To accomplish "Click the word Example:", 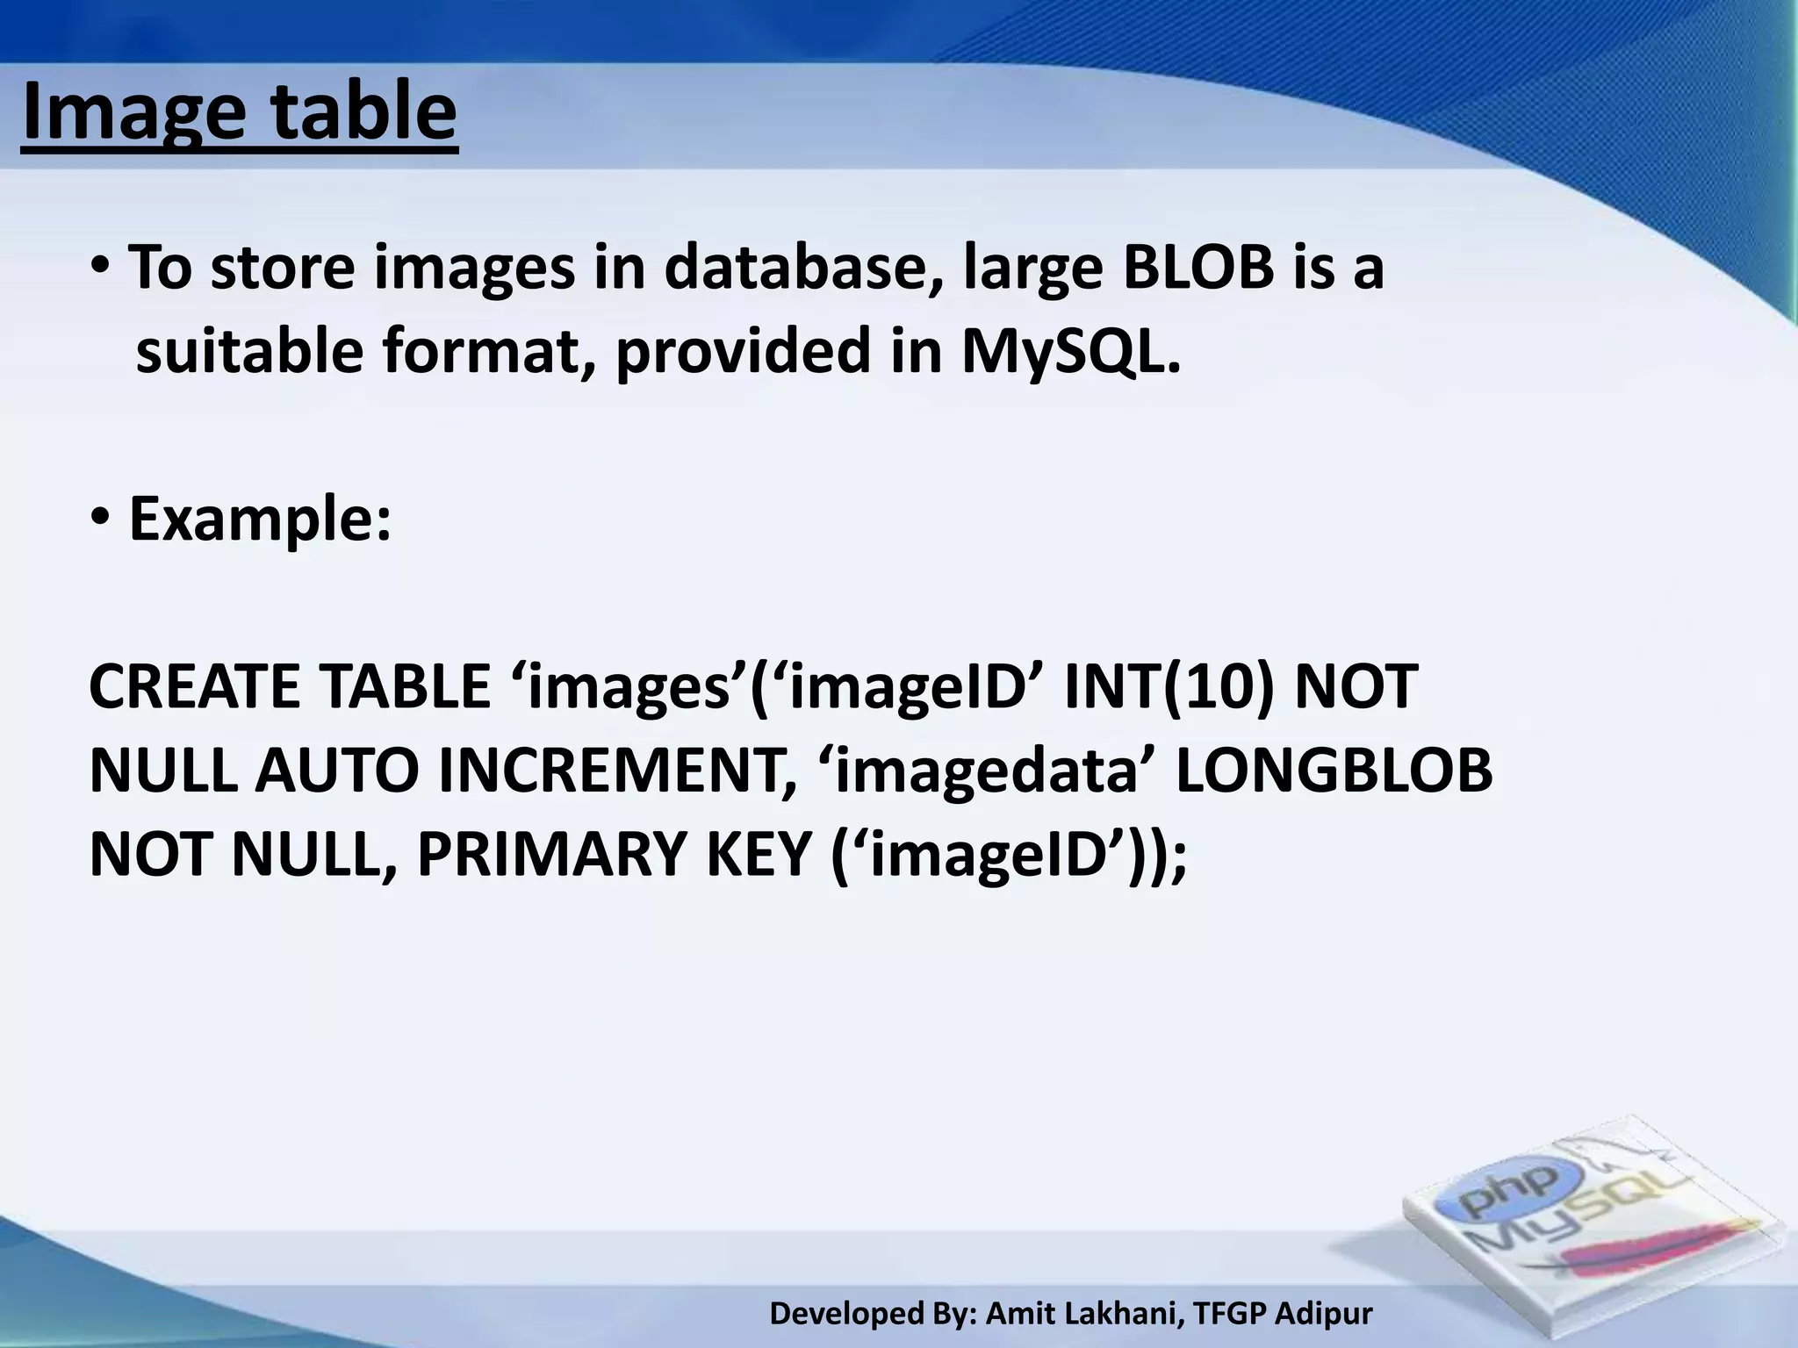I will click(260, 520).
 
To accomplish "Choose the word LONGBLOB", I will click(1334, 771).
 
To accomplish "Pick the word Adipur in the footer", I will click(1323, 1314).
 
